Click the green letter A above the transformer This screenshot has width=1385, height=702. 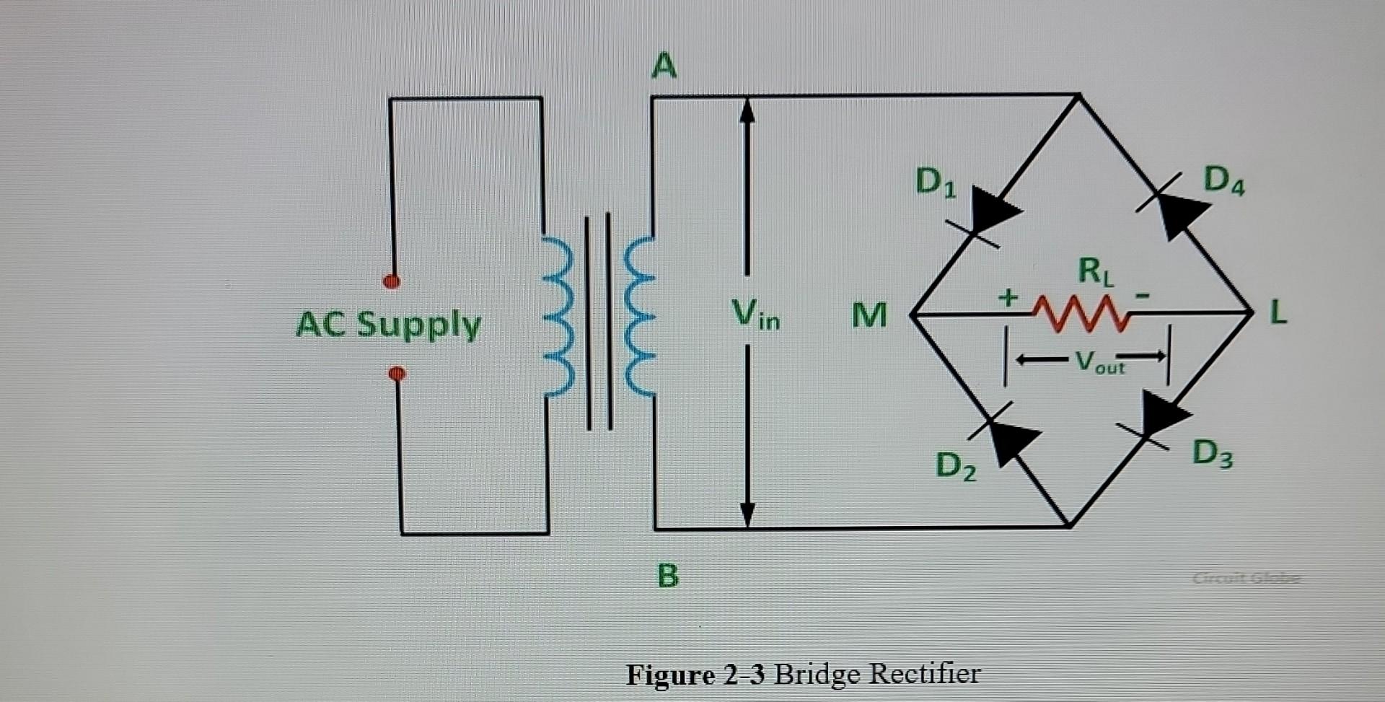coord(664,66)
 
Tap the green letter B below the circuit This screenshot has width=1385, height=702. coord(668,576)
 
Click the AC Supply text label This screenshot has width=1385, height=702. coord(388,324)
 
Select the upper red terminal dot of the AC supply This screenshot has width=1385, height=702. coord(392,281)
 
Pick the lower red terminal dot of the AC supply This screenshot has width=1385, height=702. coord(397,373)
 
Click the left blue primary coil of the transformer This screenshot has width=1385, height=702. coord(560,317)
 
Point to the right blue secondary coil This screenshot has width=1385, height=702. coord(639,317)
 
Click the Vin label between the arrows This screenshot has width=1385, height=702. coord(755,315)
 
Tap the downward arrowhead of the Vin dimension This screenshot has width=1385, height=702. coord(747,514)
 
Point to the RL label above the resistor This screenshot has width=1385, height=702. coord(1095,272)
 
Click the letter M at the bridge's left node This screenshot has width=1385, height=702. coord(869,315)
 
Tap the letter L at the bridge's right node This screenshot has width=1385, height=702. coord(1278,314)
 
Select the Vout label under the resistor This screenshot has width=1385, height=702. coord(1099,361)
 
